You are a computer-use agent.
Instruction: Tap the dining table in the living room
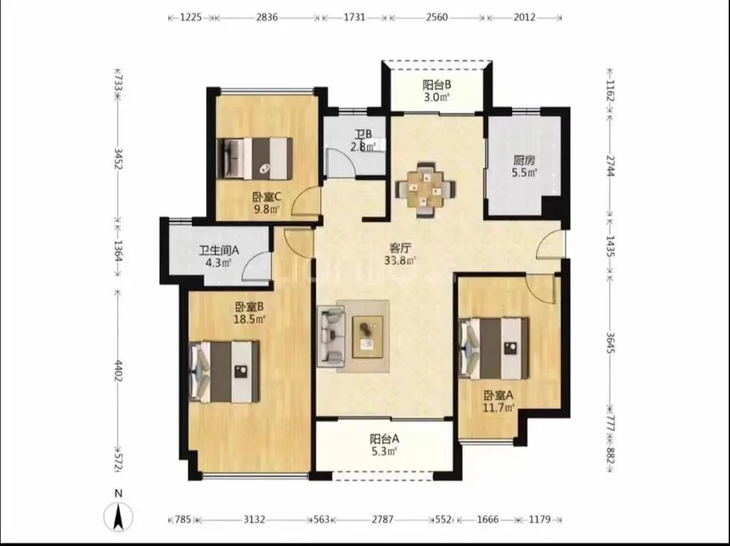[425, 189]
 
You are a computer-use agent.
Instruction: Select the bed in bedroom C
[255, 158]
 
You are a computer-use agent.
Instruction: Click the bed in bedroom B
[224, 371]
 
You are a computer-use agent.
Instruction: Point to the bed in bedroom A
[494, 348]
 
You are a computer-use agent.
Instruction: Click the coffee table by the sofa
[367, 336]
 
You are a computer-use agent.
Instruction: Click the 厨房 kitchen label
[524, 160]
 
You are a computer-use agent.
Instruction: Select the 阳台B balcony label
[436, 85]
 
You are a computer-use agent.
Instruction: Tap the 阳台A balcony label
[384, 438]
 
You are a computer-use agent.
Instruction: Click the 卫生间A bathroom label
[219, 250]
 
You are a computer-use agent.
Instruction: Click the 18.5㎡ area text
[249, 319]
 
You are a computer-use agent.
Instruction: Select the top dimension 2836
[267, 18]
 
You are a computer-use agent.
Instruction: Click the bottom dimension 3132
[254, 519]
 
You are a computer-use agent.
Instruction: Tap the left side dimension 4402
[119, 371]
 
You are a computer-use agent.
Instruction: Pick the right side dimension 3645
[611, 343]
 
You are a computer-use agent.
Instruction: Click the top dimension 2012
[524, 18]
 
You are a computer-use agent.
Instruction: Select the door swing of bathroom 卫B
[341, 162]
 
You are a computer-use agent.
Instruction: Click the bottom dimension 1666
[488, 519]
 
